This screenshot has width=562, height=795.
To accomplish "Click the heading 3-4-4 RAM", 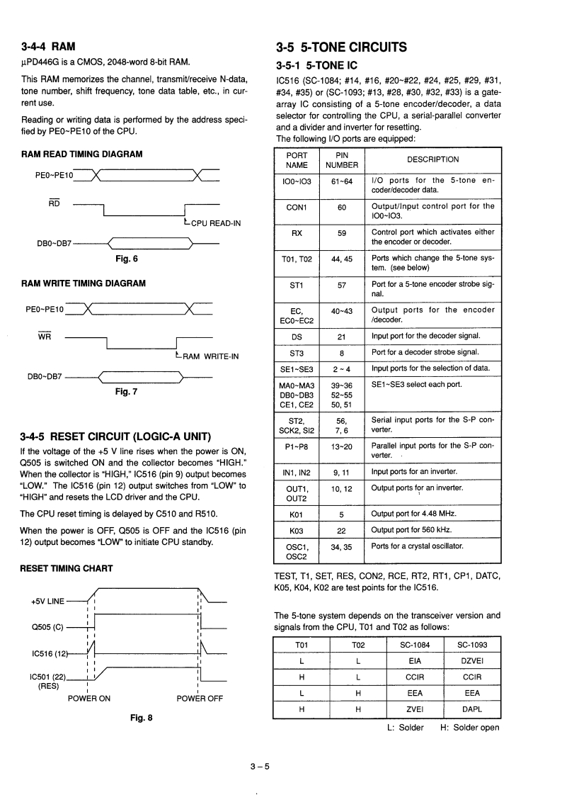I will (x=48, y=47).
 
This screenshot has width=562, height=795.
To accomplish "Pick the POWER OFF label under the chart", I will (x=200, y=698).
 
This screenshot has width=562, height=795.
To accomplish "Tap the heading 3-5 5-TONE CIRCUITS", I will (x=341, y=47).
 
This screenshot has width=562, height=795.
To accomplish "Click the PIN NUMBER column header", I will (x=343, y=159).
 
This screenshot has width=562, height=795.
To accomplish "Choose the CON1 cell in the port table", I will (x=297, y=207).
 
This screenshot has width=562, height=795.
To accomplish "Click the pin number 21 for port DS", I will (x=343, y=336).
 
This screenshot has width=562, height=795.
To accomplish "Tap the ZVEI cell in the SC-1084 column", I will (x=415, y=708).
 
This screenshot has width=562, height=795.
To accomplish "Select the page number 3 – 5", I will (x=260, y=765).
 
